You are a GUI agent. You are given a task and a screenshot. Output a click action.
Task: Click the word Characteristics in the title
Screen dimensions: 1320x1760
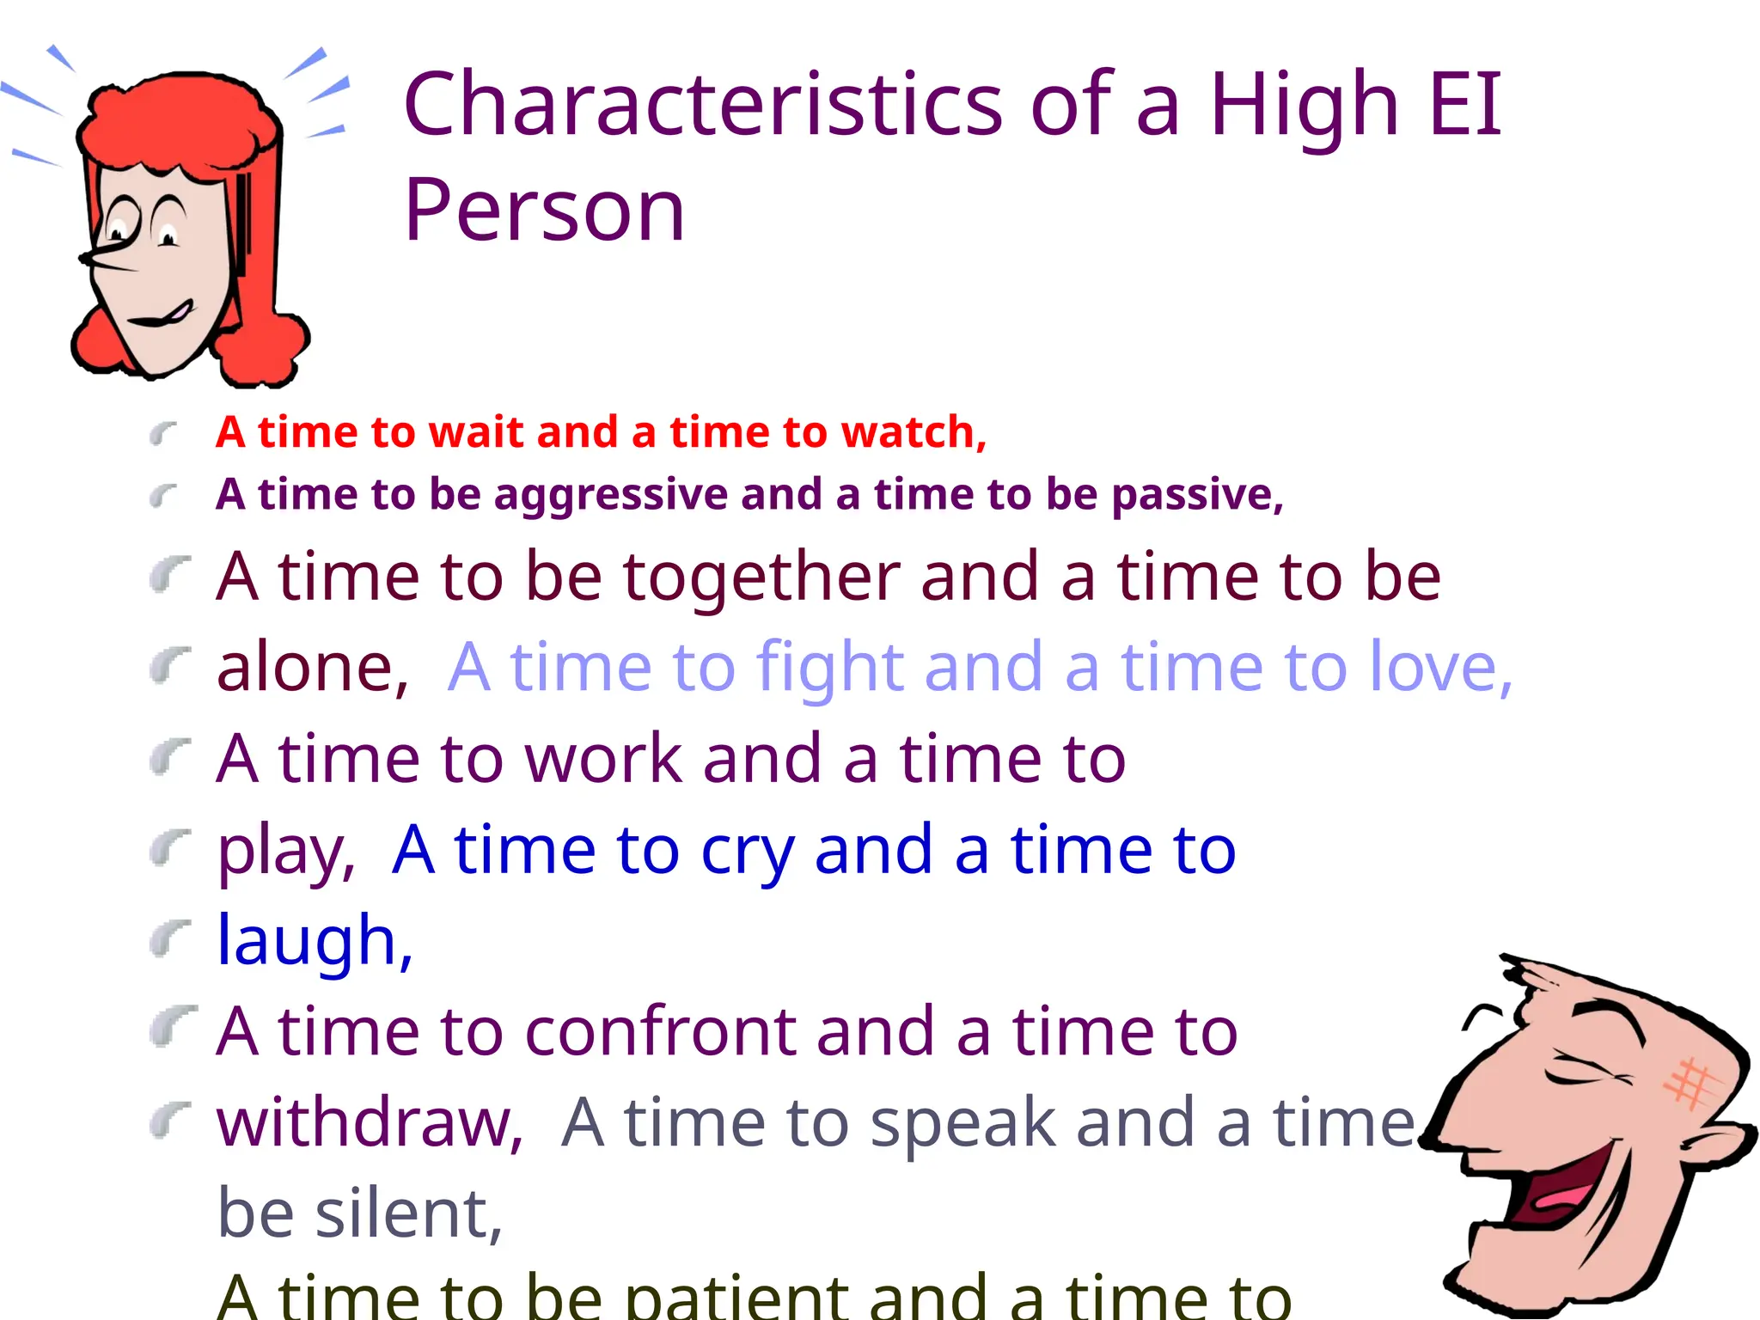[703, 105]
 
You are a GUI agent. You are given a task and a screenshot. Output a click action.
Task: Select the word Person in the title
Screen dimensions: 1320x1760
[544, 210]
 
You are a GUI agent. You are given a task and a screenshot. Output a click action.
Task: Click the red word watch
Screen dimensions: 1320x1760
[913, 432]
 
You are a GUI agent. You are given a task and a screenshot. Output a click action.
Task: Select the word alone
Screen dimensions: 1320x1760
[311, 668]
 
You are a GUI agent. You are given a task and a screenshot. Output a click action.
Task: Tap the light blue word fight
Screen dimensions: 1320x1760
[830, 668]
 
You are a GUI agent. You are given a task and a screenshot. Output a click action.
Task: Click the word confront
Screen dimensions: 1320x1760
[660, 1031]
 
